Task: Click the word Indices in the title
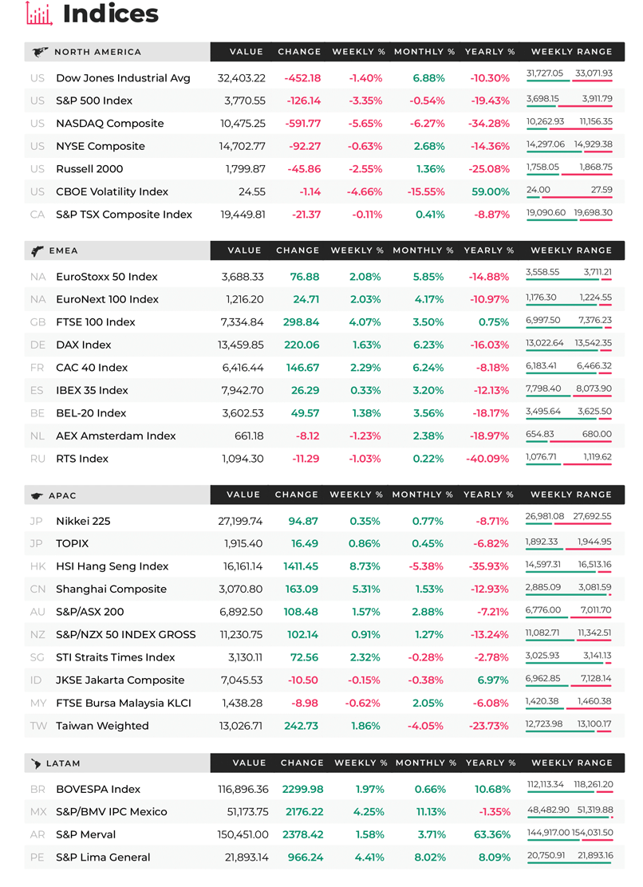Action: point(111,14)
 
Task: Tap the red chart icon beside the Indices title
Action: point(39,14)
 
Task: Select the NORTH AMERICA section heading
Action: point(98,52)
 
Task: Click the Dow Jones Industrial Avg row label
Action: point(124,78)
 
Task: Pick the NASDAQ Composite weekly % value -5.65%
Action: point(365,124)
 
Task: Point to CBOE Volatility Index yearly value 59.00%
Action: point(491,191)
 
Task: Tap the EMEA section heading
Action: point(63,250)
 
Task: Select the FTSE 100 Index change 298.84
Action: point(301,322)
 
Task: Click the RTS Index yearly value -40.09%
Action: point(487,459)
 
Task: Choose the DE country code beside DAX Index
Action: point(37,345)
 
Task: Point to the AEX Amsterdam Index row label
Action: point(116,436)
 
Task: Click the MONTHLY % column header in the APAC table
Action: point(423,495)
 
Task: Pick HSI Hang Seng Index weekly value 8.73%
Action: point(365,566)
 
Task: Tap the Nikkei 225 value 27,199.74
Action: point(240,521)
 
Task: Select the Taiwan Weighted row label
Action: point(102,726)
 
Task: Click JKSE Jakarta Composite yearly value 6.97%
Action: point(493,680)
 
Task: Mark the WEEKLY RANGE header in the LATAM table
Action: point(572,763)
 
